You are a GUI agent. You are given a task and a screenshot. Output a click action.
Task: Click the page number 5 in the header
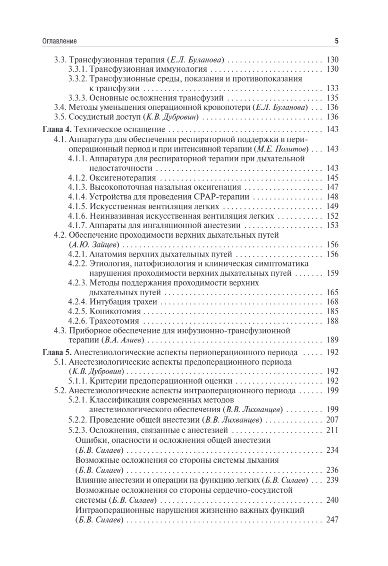tap(337, 42)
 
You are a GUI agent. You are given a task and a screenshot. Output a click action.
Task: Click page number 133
tap(332, 88)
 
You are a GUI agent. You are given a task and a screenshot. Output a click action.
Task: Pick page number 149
tap(332, 206)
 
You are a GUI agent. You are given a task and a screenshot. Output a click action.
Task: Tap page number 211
tap(332, 430)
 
